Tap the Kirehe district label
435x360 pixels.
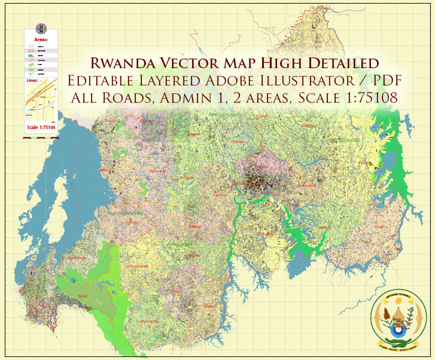click(x=377, y=227)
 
